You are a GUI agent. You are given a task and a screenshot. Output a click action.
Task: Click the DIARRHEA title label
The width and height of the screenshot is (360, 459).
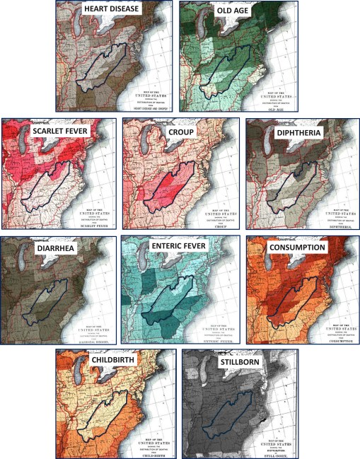coord(36,248)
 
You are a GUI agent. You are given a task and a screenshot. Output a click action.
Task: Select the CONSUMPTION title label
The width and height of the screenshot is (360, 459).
coord(297,248)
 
